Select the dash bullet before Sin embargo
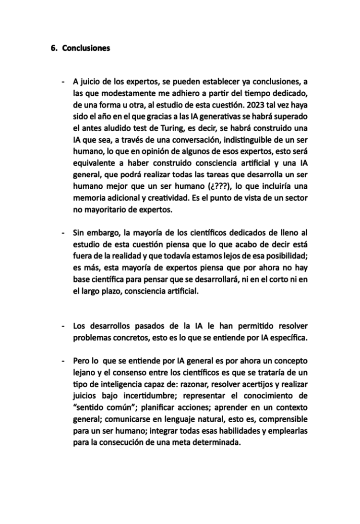pyautogui.click(x=63, y=234)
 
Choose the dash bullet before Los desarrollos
pyautogui.click(x=63, y=326)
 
